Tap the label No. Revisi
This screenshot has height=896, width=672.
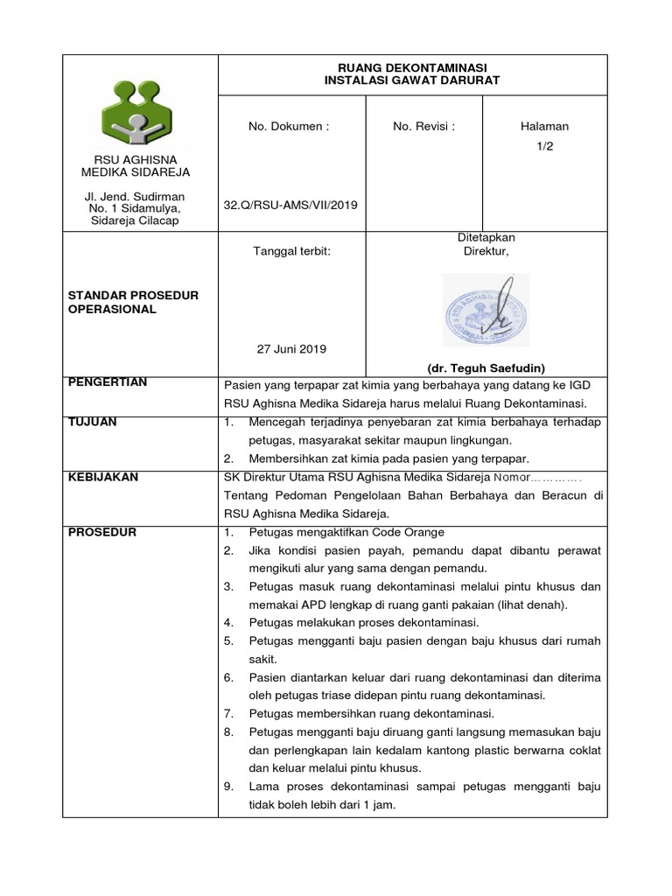tap(423, 126)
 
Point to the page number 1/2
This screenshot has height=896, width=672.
tap(544, 147)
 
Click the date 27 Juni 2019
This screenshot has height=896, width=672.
tap(290, 348)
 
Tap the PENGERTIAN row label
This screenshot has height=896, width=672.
tap(107, 382)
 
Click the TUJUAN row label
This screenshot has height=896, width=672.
tap(92, 422)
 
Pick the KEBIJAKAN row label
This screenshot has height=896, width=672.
tap(103, 477)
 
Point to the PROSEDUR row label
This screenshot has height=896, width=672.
tap(102, 532)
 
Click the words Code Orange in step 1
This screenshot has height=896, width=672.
tap(409, 533)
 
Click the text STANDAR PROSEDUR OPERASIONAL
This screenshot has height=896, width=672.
tap(133, 303)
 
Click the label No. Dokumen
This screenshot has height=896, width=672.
tap(289, 126)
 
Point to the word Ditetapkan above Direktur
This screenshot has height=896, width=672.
tap(486, 237)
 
